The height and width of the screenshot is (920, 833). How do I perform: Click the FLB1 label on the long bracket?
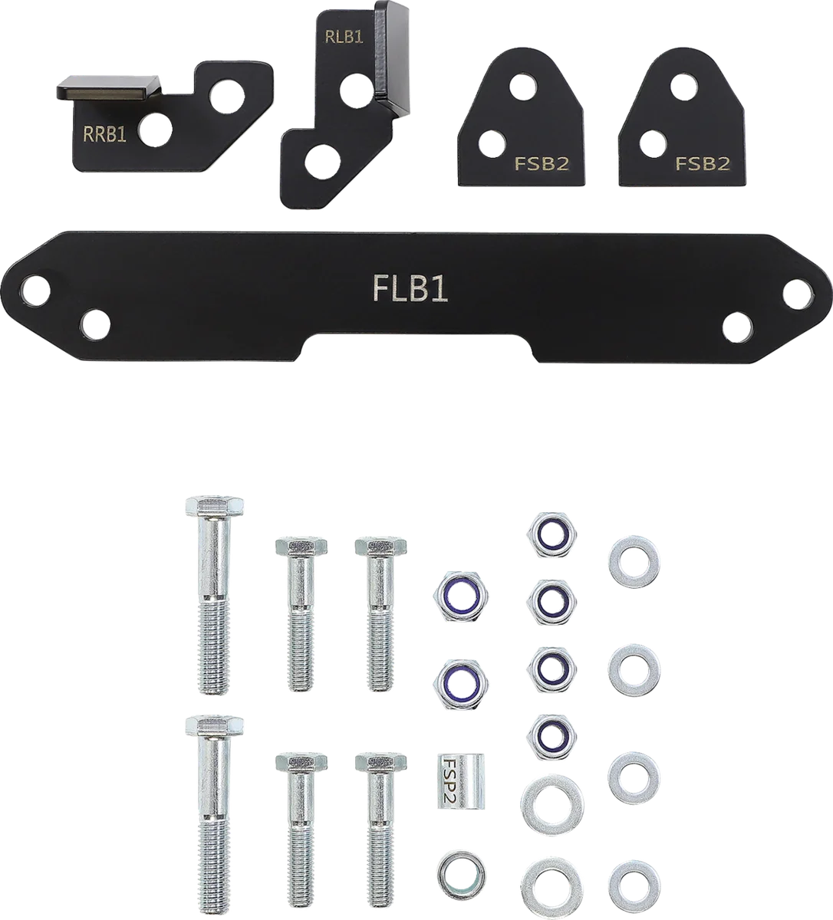[x=410, y=289]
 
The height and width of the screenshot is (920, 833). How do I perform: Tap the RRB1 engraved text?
[x=104, y=134]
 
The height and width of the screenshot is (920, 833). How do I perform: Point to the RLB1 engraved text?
[x=344, y=37]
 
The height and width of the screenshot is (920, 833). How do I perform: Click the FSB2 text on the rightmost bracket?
[x=703, y=164]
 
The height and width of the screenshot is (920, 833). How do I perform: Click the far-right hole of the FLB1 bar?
[x=798, y=294]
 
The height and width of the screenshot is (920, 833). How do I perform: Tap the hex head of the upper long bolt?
[x=214, y=506]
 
